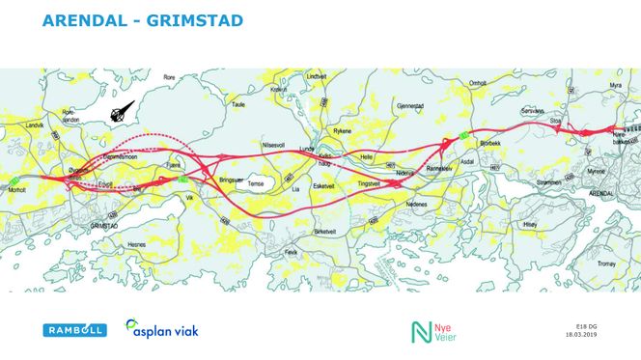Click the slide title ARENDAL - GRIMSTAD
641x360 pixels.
click(143, 20)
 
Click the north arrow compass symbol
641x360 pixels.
click(122, 113)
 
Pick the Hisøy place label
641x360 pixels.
click(529, 223)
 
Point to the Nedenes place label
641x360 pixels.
click(417, 205)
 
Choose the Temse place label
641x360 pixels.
click(255, 183)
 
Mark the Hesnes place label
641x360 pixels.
click(135, 245)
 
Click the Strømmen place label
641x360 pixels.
click(547, 180)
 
